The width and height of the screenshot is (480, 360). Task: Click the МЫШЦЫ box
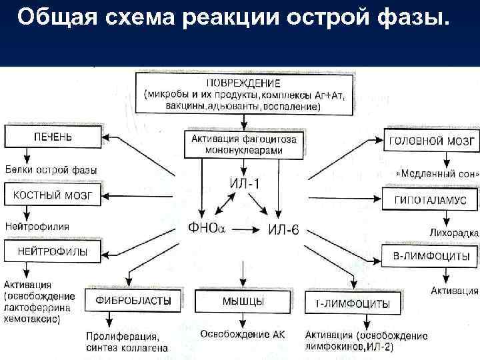point(241,301)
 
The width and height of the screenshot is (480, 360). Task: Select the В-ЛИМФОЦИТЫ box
point(431,256)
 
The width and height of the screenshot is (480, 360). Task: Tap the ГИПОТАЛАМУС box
point(431,199)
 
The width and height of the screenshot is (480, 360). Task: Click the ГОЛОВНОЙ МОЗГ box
point(431,141)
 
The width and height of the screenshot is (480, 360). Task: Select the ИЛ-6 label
point(283,230)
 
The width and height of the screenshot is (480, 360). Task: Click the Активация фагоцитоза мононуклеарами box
point(244,144)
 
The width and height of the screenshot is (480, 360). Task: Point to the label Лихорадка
point(453,233)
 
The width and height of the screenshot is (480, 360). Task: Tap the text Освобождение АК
point(243,333)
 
